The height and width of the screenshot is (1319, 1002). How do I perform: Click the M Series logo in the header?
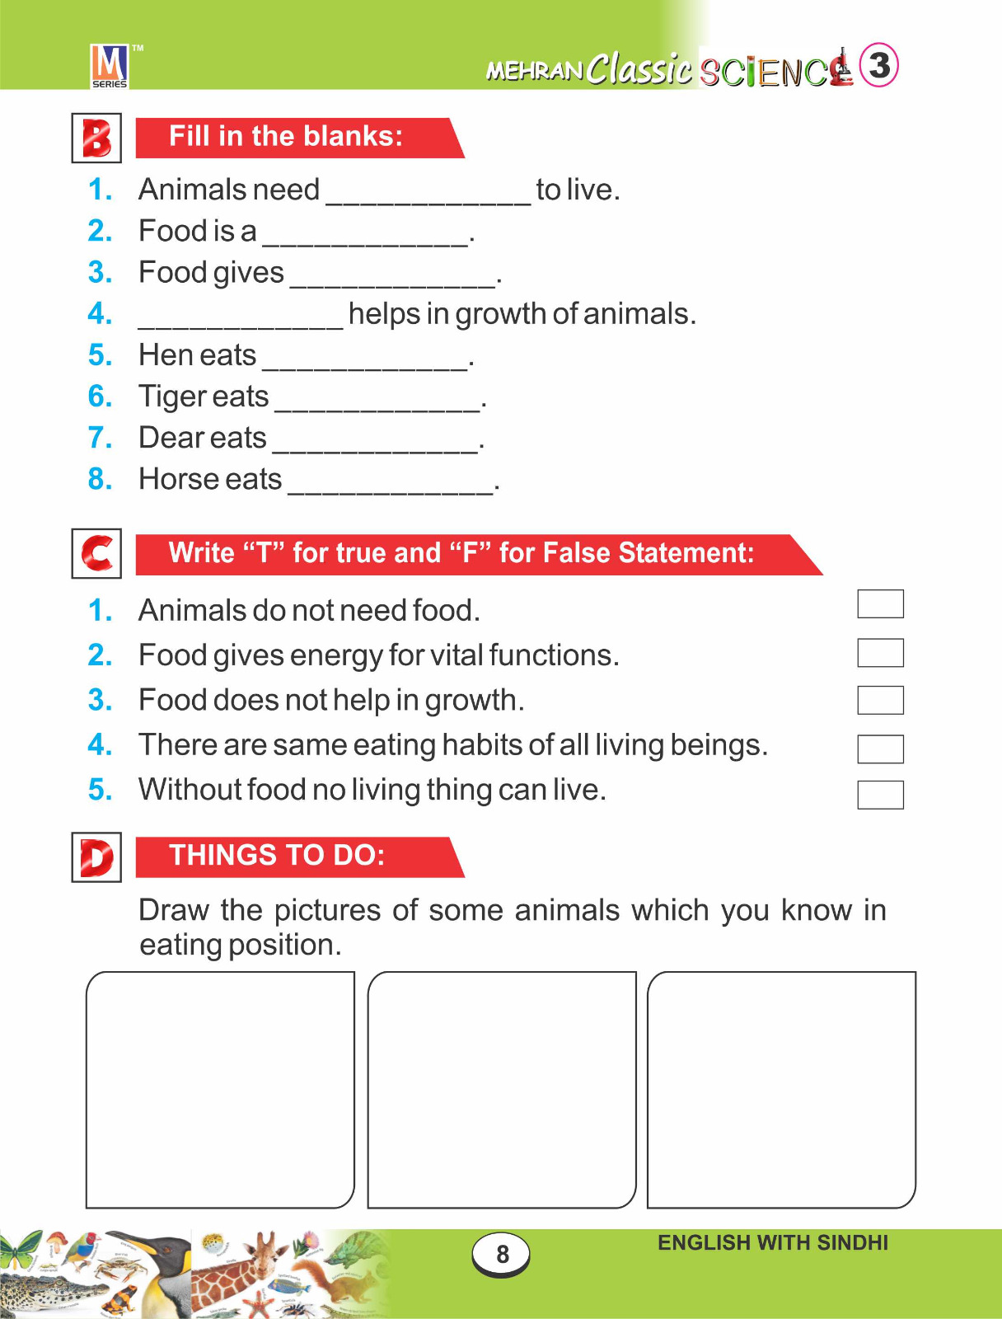click(x=109, y=66)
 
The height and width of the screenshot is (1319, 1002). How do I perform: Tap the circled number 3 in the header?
click(x=878, y=65)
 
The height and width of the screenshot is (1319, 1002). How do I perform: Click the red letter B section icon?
click(x=96, y=138)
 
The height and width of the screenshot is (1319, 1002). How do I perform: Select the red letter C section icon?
click(x=96, y=553)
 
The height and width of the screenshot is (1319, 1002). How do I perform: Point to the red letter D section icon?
click(x=96, y=857)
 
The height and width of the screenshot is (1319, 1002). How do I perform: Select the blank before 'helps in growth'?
click(x=240, y=317)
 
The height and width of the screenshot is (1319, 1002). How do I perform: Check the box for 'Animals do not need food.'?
click(x=880, y=603)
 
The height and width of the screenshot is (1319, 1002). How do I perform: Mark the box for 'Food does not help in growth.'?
click(x=880, y=700)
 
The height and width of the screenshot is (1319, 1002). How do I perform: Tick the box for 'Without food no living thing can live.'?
click(x=880, y=795)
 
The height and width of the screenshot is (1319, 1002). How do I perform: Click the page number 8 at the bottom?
click(x=502, y=1254)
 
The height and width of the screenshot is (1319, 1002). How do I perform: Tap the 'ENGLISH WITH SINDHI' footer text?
click(x=772, y=1243)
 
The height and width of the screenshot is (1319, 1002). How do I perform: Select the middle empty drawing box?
click(x=501, y=1089)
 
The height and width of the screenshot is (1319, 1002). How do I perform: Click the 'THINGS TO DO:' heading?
click(x=277, y=856)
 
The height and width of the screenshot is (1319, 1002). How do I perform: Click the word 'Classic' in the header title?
click(x=639, y=68)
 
